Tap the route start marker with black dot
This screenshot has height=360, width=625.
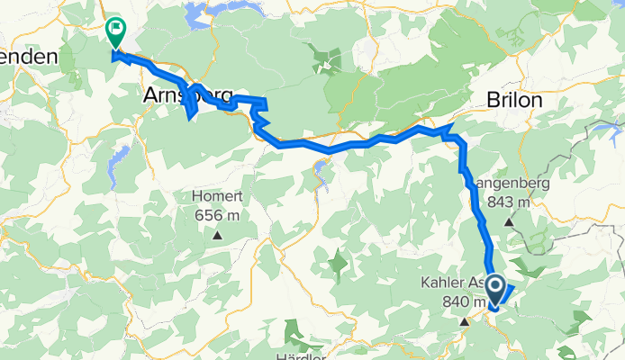click(494, 285)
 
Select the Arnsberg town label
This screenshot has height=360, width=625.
click(187, 94)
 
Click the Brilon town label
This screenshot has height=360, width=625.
click(515, 100)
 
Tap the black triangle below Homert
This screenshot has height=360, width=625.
click(217, 236)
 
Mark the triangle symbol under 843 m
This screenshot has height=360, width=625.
click(509, 221)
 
